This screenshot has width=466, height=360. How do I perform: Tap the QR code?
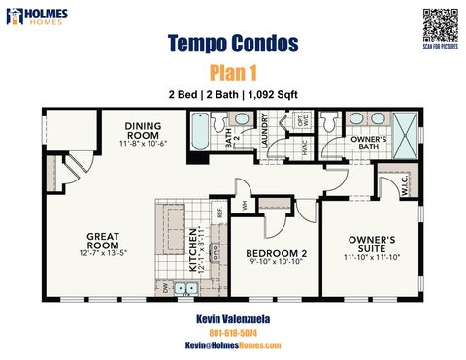[x=435, y=20]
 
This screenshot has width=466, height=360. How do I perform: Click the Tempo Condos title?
[x=232, y=44]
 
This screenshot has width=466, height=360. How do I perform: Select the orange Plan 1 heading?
[x=232, y=73]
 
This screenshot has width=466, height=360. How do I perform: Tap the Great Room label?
[x=102, y=240]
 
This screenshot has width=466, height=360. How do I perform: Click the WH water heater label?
[x=245, y=204]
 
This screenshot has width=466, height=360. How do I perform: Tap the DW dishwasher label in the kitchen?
[x=166, y=288]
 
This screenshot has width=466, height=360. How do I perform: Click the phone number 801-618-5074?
[x=232, y=331]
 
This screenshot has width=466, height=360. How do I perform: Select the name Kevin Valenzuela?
[x=232, y=317]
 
